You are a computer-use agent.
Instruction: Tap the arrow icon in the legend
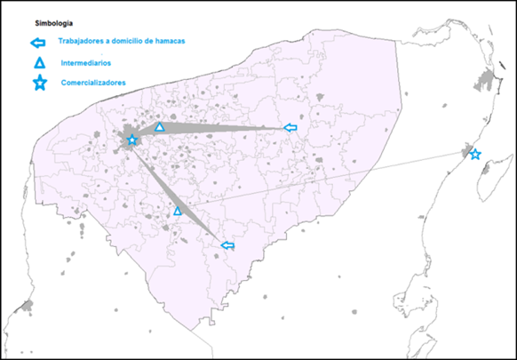pos(37,43)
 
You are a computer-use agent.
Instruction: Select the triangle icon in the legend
pos(38,63)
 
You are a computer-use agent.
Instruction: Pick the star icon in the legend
pos(38,84)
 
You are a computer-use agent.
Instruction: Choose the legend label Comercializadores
pos(94,84)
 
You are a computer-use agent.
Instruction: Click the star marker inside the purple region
pos(132,140)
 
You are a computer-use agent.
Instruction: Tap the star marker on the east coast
pos(475,155)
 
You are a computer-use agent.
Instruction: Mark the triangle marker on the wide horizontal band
pos(160,127)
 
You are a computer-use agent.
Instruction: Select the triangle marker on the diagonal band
pos(178,211)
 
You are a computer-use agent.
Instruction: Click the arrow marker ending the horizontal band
pos(289,128)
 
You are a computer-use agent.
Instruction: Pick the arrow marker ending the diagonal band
pos(227,245)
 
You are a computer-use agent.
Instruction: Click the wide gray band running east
pos(222,131)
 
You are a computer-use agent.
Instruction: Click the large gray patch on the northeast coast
pos(486,84)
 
